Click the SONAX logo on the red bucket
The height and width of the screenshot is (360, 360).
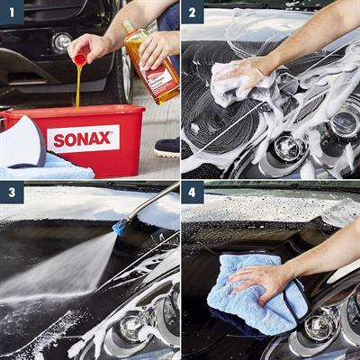click(x=83, y=139)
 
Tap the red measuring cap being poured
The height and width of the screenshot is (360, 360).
click(x=80, y=59)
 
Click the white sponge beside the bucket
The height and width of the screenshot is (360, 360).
click(x=20, y=143)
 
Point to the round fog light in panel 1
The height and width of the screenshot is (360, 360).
click(x=61, y=41)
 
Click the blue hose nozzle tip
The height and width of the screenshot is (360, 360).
click(x=119, y=229)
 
